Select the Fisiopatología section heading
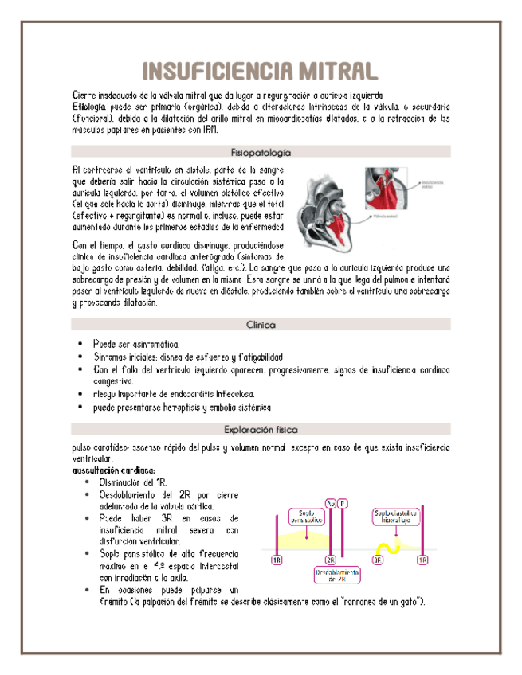(x=261, y=151)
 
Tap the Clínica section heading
(x=261, y=325)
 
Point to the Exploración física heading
(x=261, y=428)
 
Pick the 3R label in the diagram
(x=377, y=560)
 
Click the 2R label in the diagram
(x=331, y=560)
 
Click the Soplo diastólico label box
(x=397, y=517)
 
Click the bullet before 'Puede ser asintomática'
(x=80, y=342)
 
